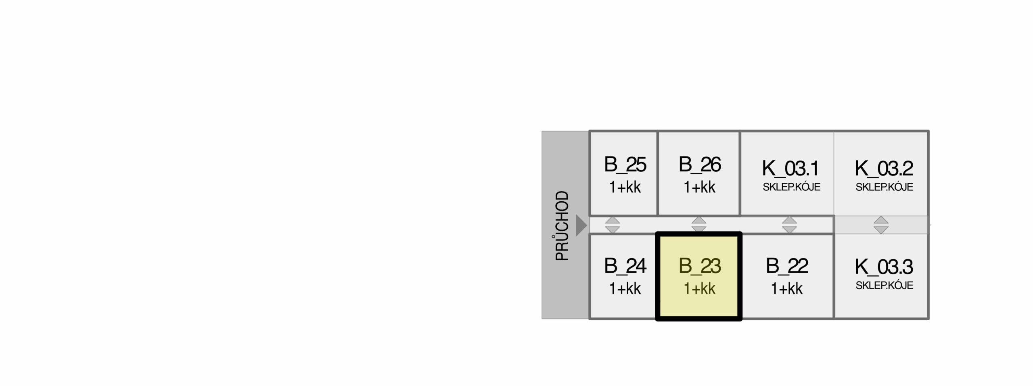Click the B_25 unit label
click(625, 165)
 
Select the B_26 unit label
click(700, 165)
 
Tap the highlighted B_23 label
click(700, 266)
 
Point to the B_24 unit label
click(625, 266)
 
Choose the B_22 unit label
click(787, 266)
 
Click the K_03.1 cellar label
click(790, 169)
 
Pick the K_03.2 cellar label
click(884, 169)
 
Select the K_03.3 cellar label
click(884, 267)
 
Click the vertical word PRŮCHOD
click(562, 226)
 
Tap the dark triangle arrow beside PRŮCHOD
click(581, 225)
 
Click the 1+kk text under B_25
click(625, 188)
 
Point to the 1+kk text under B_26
click(700, 188)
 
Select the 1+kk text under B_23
click(700, 289)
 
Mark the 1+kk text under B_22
click(787, 289)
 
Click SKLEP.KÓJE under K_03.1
click(791, 187)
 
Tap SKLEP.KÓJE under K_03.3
click(884, 286)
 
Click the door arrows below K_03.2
click(881, 225)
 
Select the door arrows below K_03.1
click(789, 225)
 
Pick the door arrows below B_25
click(613, 225)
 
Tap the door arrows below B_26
click(699, 224)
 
